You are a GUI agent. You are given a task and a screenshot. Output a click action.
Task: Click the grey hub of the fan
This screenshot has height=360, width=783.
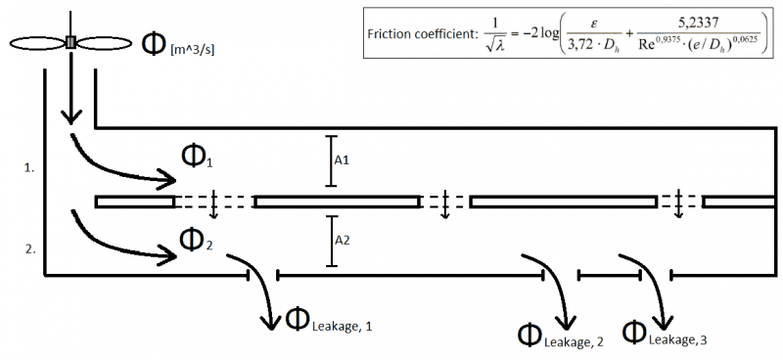[x=70, y=42]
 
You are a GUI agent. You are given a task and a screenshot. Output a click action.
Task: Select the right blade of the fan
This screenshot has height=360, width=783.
[x=105, y=43]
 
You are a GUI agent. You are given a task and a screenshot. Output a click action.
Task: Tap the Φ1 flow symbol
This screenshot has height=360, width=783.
[x=196, y=156]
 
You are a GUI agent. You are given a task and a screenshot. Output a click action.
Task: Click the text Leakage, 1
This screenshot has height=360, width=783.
[x=342, y=325]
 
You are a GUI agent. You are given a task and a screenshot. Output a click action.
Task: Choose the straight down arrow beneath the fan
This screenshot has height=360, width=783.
[x=70, y=93]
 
